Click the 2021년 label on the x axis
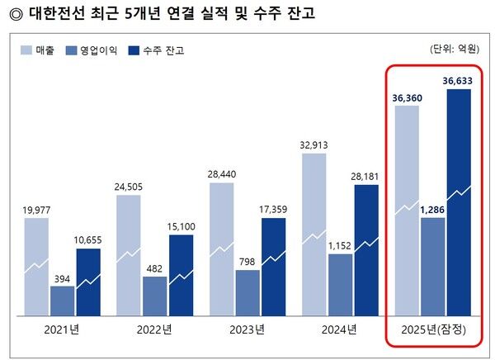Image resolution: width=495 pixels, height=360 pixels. [64, 330]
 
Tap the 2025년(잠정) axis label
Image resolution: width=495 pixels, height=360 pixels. [432, 330]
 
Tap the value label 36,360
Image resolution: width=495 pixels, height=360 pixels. [407, 97]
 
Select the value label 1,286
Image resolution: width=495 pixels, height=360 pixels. [433, 210]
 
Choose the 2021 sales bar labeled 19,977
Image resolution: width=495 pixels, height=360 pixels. [36, 266]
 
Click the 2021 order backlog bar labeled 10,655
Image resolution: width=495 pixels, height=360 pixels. [88, 282]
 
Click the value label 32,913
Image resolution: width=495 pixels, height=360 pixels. [314, 144]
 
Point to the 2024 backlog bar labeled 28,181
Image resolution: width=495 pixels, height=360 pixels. [366, 249]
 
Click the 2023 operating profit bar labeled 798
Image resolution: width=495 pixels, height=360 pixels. [247, 292]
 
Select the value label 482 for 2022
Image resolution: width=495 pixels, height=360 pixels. [155, 268]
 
